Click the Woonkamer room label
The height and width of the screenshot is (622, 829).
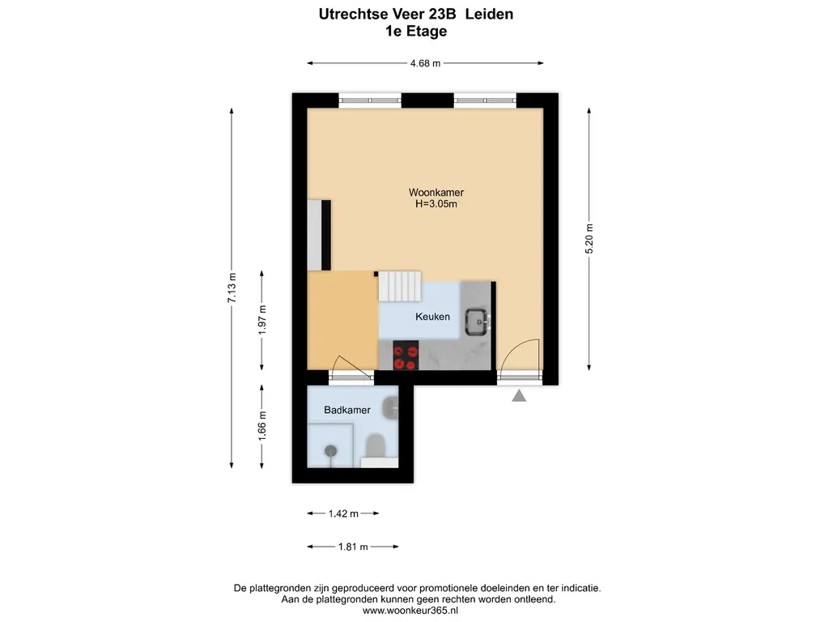click(436, 193)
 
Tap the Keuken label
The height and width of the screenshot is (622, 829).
click(432, 317)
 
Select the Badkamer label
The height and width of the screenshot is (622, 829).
click(346, 410)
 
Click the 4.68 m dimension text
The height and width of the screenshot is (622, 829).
click(425, 63)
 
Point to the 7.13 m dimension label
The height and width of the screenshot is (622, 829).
click(232, 288)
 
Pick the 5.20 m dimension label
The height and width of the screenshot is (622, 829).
click(589, 239)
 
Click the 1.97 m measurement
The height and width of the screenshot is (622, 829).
click(262, 320)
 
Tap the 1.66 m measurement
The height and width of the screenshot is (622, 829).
click(262, 426)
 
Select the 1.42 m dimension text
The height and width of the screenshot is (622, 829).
click(343, 513)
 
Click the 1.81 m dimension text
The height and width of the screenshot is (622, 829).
click(353, 547)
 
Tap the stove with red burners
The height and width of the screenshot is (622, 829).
click(406, 356)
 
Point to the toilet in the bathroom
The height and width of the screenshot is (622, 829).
click(376, 445)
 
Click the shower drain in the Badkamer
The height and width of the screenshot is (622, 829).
click(331, 450)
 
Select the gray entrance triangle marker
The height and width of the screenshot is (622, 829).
click(519, 395)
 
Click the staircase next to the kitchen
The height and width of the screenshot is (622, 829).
click(400, 286)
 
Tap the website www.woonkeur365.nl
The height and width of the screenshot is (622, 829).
click(410, 611)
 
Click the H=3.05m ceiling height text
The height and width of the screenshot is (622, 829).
click(436, 204)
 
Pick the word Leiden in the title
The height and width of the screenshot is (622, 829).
click(489, 15)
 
